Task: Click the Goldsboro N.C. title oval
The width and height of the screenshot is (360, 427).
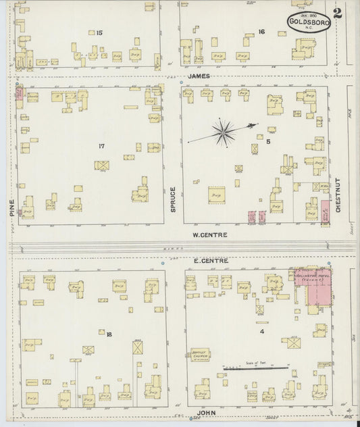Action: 309,22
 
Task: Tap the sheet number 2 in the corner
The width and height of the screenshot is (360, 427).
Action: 336,13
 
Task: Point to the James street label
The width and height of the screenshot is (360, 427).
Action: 199,76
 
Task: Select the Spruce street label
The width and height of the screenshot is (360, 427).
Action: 173,200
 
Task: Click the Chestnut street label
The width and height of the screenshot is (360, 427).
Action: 338,193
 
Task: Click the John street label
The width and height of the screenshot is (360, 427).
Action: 207,411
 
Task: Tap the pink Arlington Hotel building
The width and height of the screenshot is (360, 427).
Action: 313,286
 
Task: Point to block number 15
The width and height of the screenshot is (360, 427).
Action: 99,32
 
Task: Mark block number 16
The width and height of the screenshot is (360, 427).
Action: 261,32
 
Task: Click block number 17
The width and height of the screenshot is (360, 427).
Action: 101,146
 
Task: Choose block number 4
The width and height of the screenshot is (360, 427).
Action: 261,331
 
